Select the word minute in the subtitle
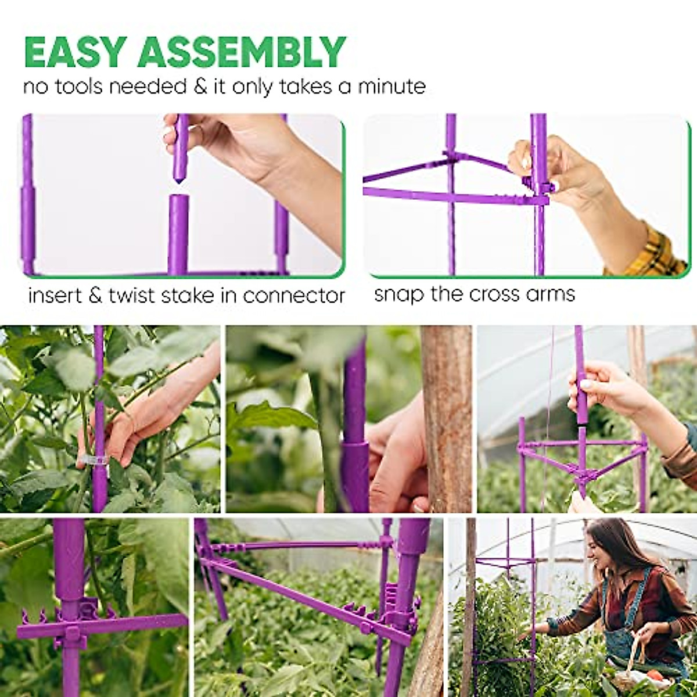pos(391,87)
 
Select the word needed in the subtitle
pos(150,87)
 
